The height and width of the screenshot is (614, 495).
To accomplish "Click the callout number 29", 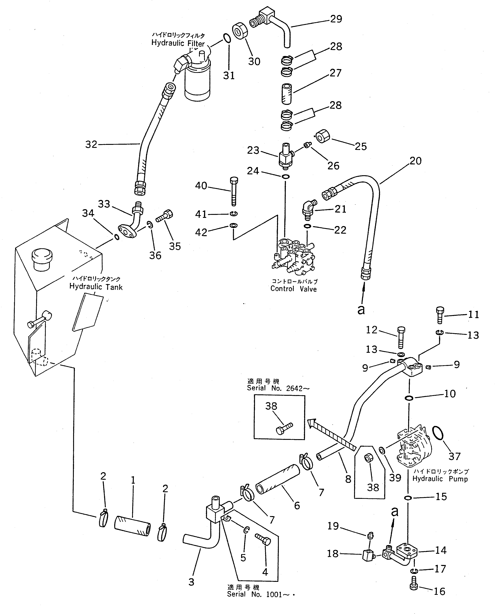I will pos(336,19).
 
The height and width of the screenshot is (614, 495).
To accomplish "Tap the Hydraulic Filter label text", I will pos(178,43).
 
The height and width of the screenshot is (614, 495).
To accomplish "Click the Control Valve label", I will pos(293,289).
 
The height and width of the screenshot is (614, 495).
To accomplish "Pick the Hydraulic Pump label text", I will pos(440,479).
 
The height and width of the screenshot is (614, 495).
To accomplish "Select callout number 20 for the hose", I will pos(415,161).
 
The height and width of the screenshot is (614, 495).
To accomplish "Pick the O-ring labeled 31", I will pos(227,38).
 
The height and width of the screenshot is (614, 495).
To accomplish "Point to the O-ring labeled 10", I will pos(409,398).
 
